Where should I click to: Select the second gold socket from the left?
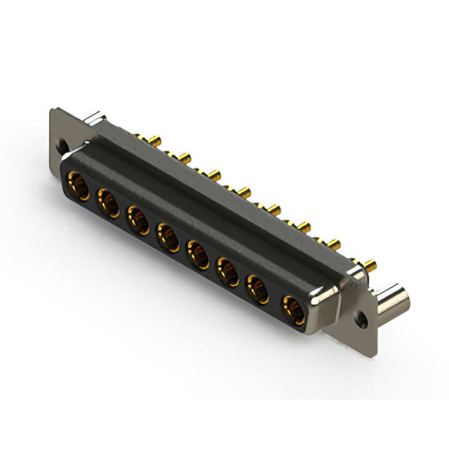pos(107,203)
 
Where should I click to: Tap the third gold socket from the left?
pos(138,217)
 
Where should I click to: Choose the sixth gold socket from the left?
pos(228,271)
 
